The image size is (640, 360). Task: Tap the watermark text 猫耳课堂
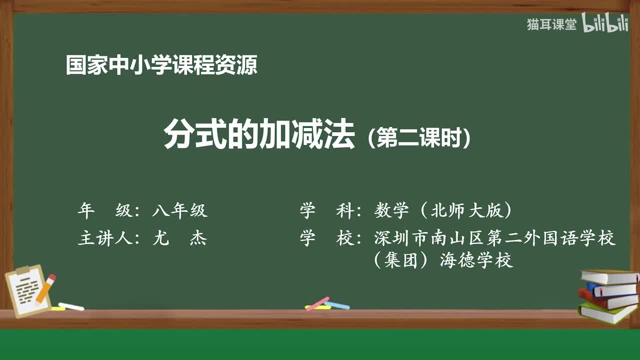pos(551,24)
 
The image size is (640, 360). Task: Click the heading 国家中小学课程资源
pos(161,65)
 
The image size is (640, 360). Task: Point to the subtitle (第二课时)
pos(419,139)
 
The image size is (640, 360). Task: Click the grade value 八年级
pos(179,211)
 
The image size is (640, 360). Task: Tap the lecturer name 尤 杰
pos(179,238)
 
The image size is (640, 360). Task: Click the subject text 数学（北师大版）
pos(443,211)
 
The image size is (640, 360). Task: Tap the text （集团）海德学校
pos(443,260)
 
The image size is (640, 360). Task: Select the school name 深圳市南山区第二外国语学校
pos(494,238)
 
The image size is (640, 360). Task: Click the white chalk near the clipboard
pos(71,306)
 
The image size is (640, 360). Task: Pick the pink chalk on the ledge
pos(317,303)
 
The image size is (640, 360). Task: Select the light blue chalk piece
pos(337,305)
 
